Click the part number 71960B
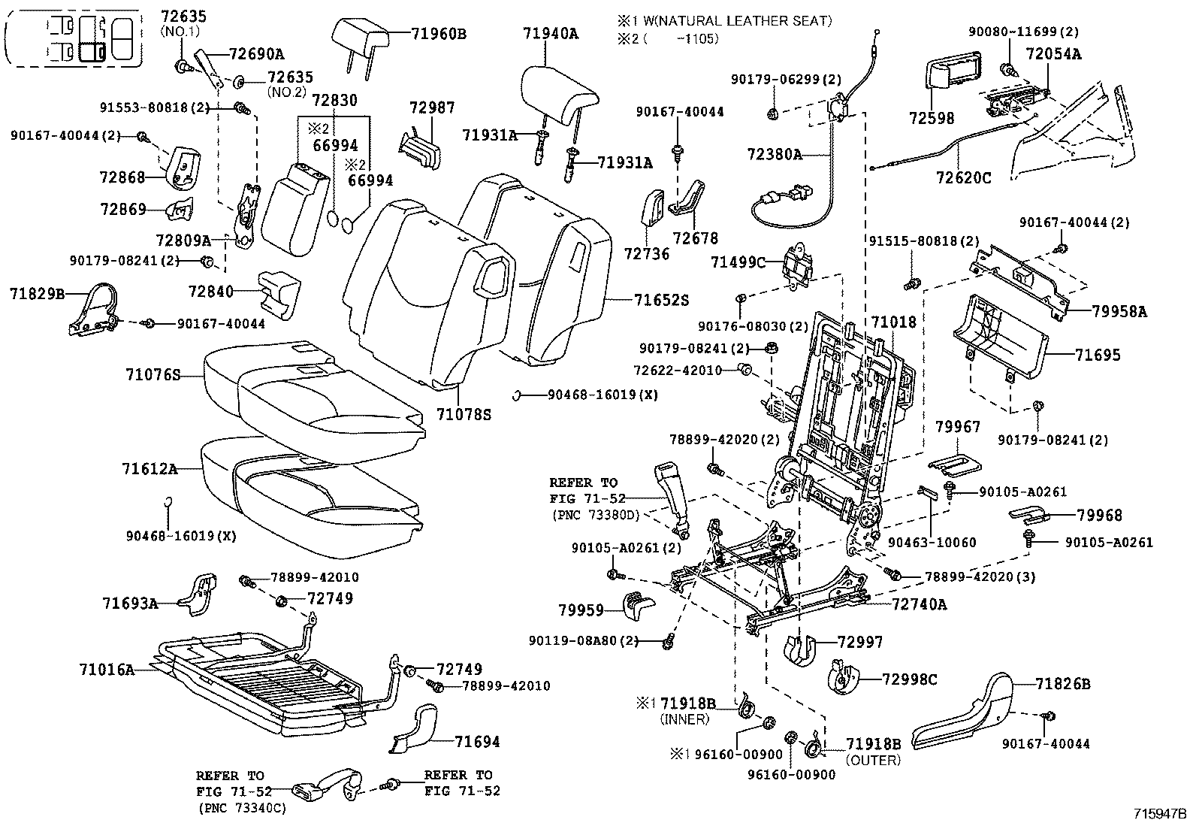439,33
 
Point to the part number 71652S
660,300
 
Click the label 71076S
153,374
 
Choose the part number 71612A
149,469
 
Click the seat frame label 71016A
107,669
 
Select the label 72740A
920,604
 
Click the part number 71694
477,742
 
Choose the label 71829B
37,294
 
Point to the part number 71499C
738,262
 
